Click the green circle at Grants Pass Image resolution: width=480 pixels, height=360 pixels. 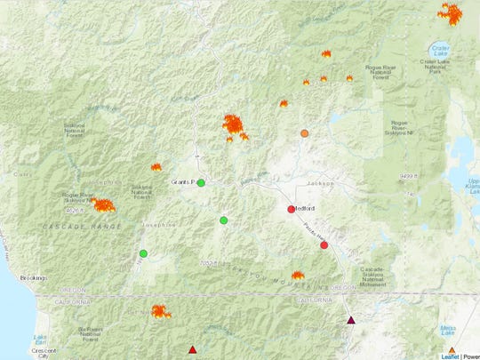pyautogui.click(x=201, y=183)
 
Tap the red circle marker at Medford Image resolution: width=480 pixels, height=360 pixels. pyautogui.click(x=291, y=210)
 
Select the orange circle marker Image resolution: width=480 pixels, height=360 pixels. pyautogui.click(x=305, y=133)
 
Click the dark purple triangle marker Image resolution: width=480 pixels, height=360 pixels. pyautogui.click(x=351, y=320)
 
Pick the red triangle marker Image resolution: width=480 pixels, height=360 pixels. pyautogui.click(x=193, y=348)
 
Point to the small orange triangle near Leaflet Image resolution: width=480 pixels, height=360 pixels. pyautogui.click(x=452, y=349)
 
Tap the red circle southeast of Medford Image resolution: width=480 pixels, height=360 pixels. pyautogui.click(x=324, y=245)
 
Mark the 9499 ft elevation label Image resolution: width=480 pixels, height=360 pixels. pyautogui.click(x=408, y=176)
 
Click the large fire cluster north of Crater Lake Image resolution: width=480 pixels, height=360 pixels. pyautogui.click(x=451, y=14)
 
